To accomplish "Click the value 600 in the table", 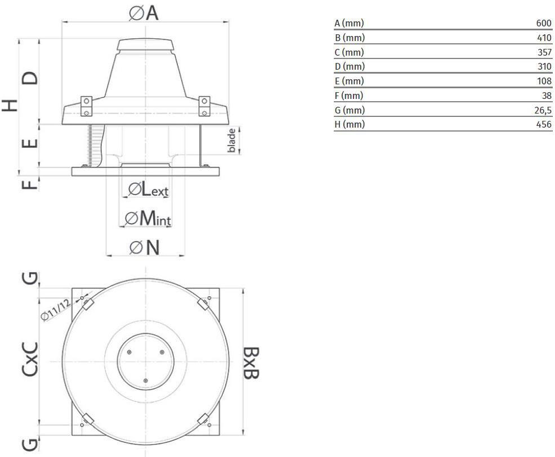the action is [x=544, y=23].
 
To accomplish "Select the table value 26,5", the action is [x=543, y=110].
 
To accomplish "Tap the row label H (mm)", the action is [x=350, y=124].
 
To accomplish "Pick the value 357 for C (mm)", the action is [x=544, y=52].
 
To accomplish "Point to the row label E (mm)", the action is [x=349, y=82].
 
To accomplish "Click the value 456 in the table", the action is [x=544, y=124].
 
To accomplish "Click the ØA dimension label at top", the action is [x=144, y=13].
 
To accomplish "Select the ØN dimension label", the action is [x=145, y=247].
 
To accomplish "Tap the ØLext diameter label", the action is [x=148, y=189].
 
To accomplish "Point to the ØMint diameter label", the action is [x=148, y=218].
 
